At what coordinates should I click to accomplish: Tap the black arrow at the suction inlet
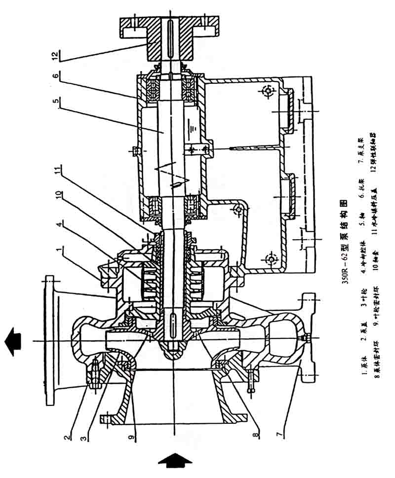pyautogui.click(x=174, y=461)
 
